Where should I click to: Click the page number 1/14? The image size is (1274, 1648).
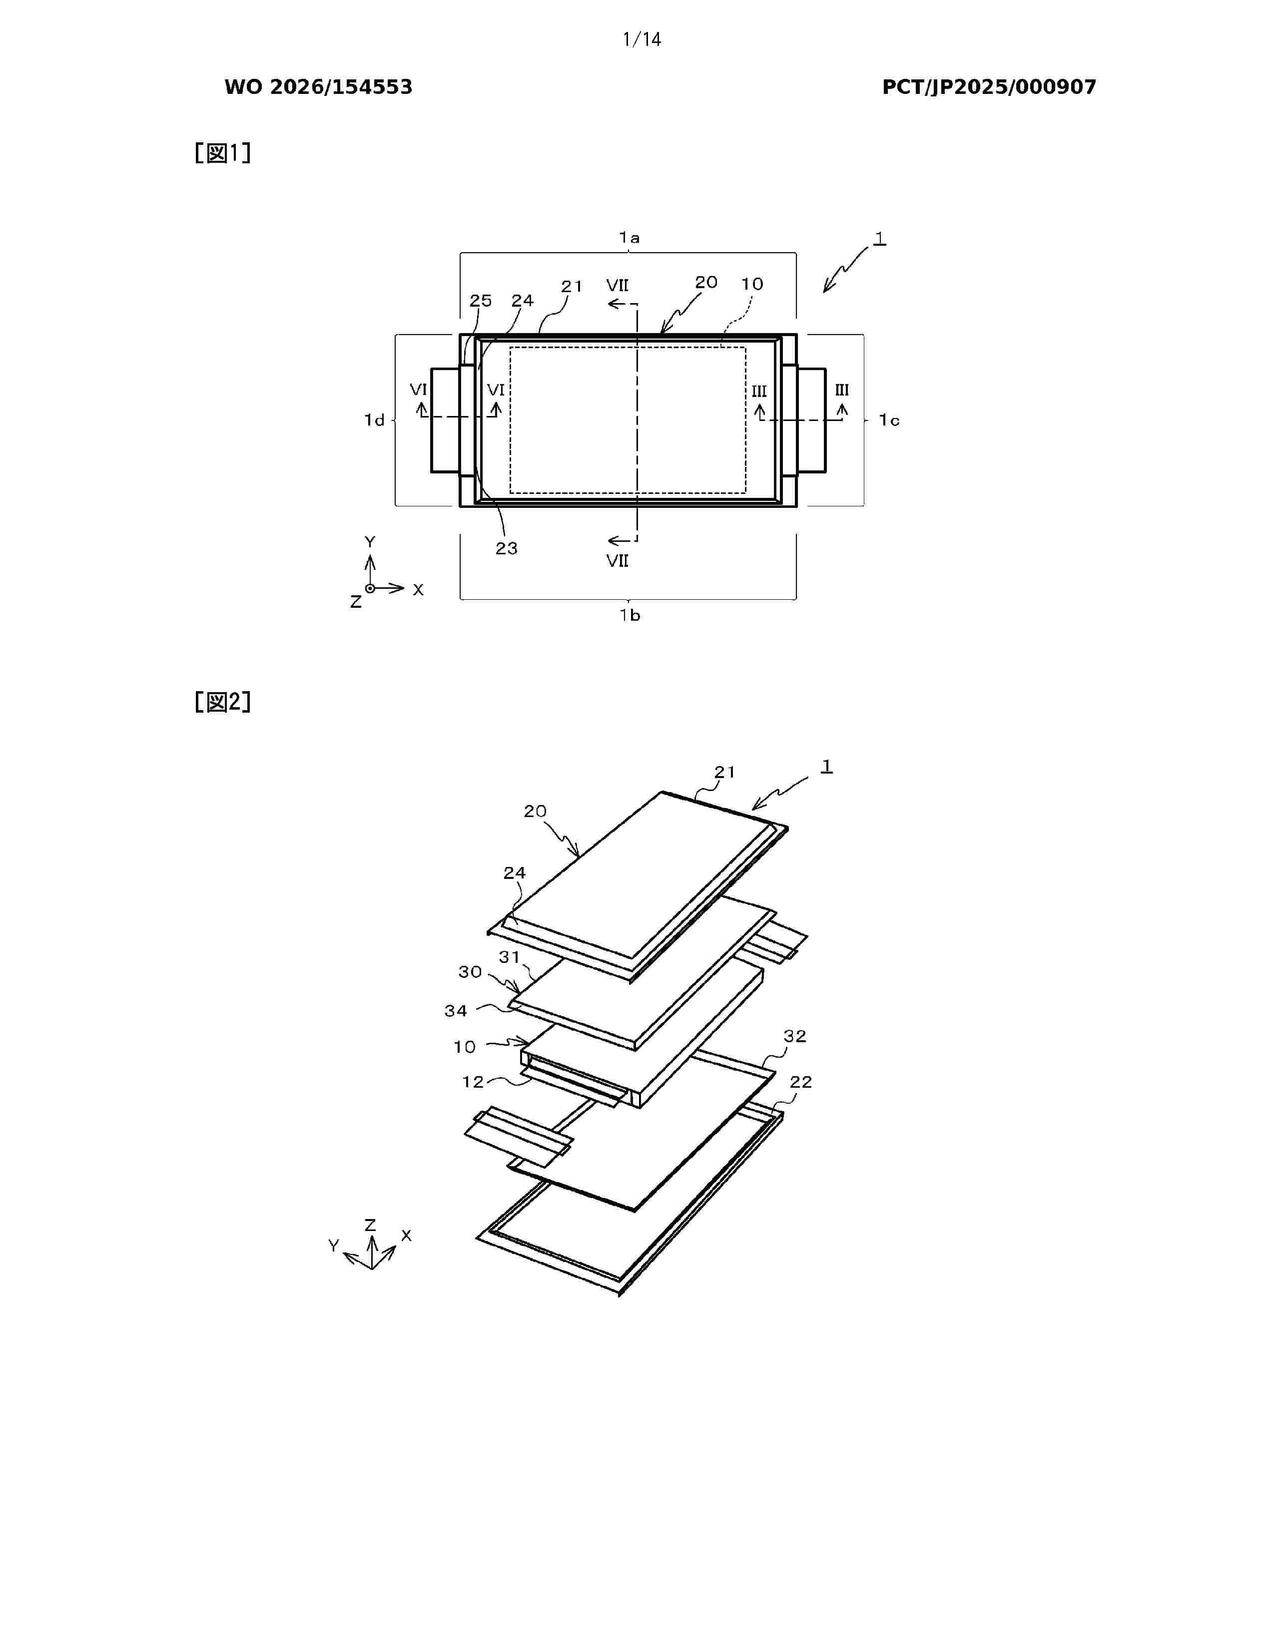click(641, 39)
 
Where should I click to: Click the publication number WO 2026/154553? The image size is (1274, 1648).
click(319, 87)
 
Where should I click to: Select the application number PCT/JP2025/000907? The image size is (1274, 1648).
click(989, 87)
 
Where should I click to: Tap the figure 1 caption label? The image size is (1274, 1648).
click(223, 153)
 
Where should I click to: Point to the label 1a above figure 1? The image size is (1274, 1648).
click(630, 238)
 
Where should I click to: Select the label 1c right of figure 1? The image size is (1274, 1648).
click(889, 420)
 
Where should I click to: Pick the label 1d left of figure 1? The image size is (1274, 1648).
click(374, 420)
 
